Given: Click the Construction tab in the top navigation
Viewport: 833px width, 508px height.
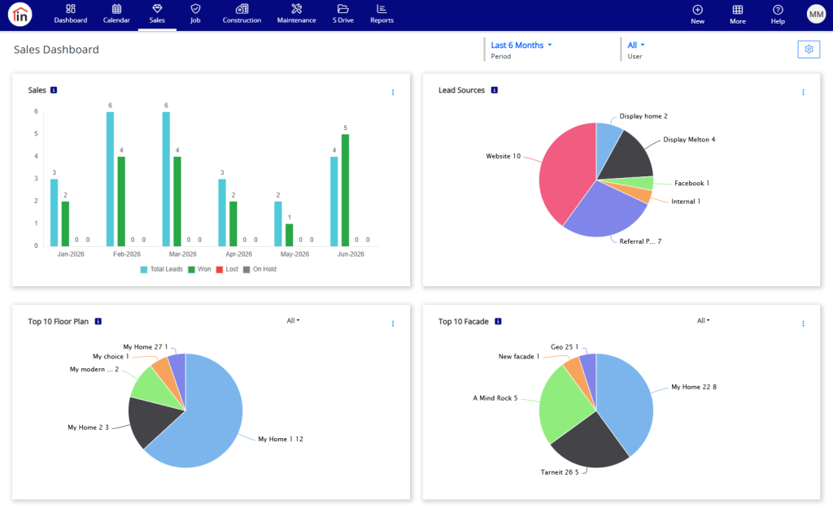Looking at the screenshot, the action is point(242,14).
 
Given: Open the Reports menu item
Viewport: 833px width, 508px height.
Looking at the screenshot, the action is point(382,14).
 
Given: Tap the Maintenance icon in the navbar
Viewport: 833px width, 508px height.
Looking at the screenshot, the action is point(296,9).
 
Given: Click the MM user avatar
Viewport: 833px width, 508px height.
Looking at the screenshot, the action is point(816,15).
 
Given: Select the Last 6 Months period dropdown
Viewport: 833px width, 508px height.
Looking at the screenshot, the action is point(521,46).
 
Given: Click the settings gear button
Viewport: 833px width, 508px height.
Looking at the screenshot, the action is point(809,50).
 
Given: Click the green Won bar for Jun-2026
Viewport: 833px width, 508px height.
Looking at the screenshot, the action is point(345,190).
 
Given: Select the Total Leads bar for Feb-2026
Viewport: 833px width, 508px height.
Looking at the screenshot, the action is point(110,179).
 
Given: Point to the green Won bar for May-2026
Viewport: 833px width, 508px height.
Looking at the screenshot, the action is point(289,235).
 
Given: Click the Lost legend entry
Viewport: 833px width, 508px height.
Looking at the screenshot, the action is point(227,270).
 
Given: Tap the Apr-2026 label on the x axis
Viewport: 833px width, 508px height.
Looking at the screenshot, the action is point(238,254).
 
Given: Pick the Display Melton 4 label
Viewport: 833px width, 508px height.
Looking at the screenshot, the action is point(689,140).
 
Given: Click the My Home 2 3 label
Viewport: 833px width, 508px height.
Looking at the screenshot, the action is point(88,428).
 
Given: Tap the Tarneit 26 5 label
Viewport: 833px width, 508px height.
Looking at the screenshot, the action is point(560,472).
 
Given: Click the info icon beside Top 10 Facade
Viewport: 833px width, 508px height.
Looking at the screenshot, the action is point(498,321).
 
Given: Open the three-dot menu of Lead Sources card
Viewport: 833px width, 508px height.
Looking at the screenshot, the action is point(803,93).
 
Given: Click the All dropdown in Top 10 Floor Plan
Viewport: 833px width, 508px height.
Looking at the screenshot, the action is point(293,320).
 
